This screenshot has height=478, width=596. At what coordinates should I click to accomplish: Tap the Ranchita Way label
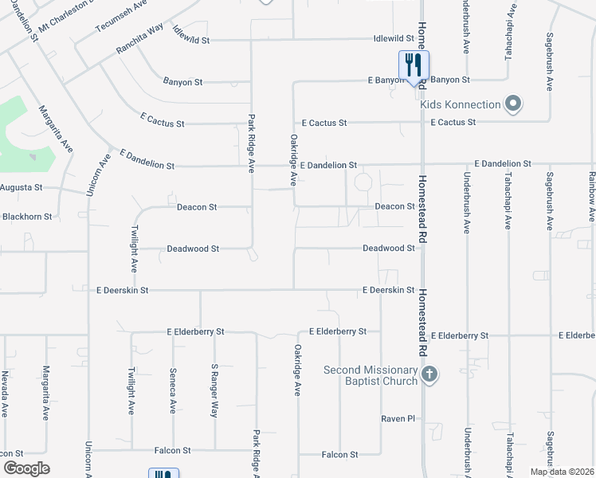pyautogui.click(x=139, y=38)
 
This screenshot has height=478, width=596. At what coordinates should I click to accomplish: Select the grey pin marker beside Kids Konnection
pyautogui.click(x=514, y=104)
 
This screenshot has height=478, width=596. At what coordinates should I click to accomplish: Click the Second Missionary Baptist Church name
pyautogui.click(x=371, y=375)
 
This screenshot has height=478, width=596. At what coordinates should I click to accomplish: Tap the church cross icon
pyautogui.click(x=429, y=374)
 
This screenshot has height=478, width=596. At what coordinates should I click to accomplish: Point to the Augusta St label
pyautogui.click(x=20, y=188)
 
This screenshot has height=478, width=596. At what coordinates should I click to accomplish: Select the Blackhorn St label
pyautogui.click(x=27, y=216)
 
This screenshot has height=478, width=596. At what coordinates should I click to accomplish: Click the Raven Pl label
pyautogui.click(x=399, y=417)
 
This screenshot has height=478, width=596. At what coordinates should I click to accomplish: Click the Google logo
pyautogui.click(x=26, y=468)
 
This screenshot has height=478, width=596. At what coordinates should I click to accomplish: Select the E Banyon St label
pyautogui.click(x=394, y=80)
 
